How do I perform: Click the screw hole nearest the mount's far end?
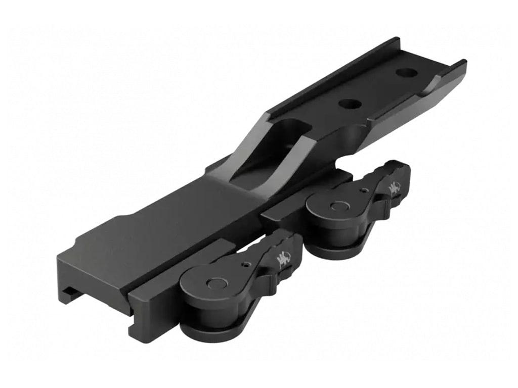[x=406, y=72]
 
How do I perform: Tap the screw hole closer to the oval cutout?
[x=350, y=104]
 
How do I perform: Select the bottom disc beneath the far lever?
[x=336, y=248]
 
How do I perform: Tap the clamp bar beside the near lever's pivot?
[x=157, y=298]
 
